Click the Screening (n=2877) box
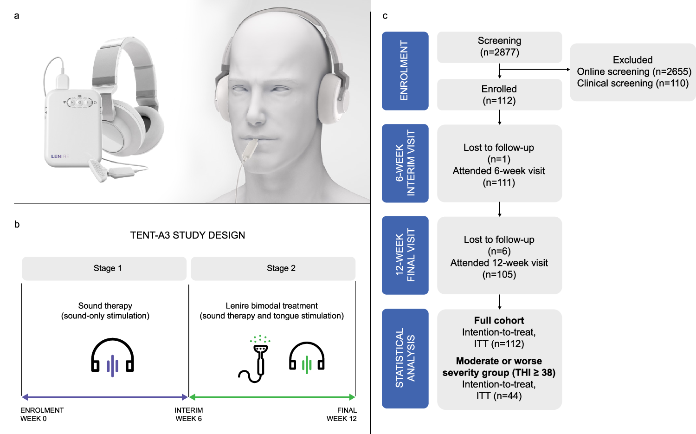pyautogui.click(x=499, y=47)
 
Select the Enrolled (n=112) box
pyautogui.click(x=499, y=95)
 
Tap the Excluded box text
pyautogui.click(x=633, y=72)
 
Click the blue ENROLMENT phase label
pyautogui.click(x=405, y=71)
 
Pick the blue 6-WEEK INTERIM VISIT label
pyautogui.click(x=405, y=163)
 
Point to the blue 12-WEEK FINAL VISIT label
pyautogui.click(x=405, y=255)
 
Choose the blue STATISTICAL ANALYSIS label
pyautogui.click(x=405, y=358)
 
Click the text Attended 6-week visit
pyautogui.click(x=499, y=171)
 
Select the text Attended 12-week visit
pyautogui.click(x=499, y=263)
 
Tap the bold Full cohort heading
pyautogui.click(x=499, y=320)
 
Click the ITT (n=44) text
pyautogui.click(x=499, y=396)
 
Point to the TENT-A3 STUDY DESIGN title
pyautogui.click(x=187, y=235)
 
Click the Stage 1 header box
pyautogui.click(x=104, y=268)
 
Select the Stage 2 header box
pyautogui.click(x=273, y=268)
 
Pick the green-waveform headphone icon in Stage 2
pyautogui.click(x=307, y=357)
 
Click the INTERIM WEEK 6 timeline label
pyautogui.click(x=188, y=414)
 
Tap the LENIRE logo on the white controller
pyautogui.click(x=60, y=156)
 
